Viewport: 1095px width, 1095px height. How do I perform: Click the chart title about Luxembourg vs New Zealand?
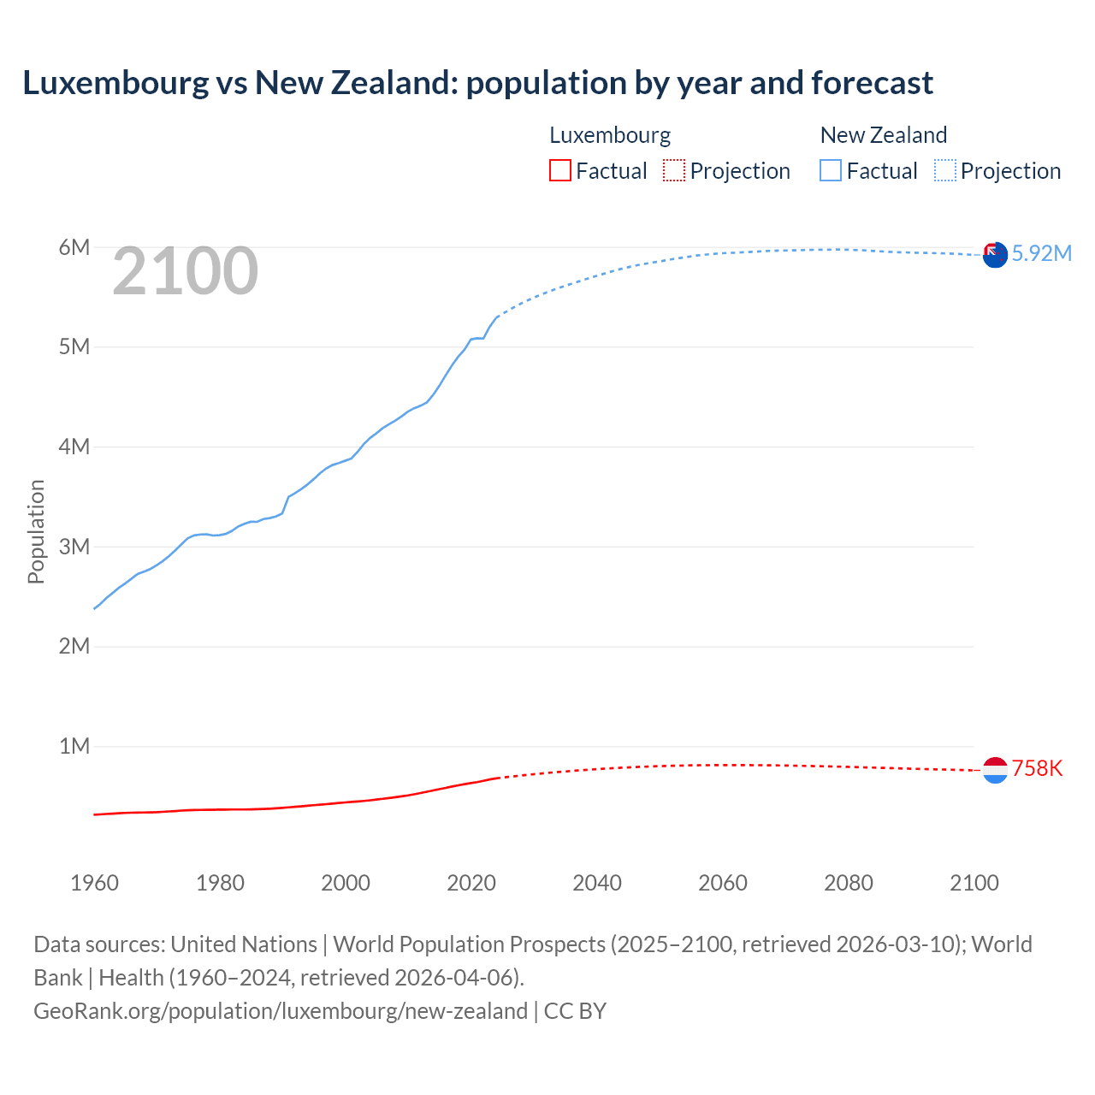(477, 83)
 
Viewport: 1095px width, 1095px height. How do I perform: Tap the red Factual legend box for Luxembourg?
(559, 170)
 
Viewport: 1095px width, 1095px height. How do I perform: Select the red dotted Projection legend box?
(674, 170)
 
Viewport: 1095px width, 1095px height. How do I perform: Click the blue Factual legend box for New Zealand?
(831, 170)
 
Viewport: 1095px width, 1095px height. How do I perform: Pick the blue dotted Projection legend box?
(945, 170)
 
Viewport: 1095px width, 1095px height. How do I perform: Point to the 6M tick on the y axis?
(74, 247)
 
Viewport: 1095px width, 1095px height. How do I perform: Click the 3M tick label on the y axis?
(74, 547)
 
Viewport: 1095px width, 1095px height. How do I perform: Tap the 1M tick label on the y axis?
(74, 746)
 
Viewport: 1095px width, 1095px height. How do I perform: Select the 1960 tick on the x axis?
(94, 883)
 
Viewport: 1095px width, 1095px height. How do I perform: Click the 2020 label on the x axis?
(471, 883)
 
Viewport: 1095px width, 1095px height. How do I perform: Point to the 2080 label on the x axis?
(849, 883)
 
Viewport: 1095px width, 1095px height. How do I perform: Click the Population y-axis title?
(36, 531)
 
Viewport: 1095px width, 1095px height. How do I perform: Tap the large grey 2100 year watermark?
(185, 271)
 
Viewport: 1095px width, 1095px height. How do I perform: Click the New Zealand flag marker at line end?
(995, 254)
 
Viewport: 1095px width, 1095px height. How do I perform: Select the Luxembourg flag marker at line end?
(995, 771)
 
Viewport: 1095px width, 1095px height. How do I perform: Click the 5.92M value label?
(1041, 253)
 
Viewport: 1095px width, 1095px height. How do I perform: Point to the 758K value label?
(1037, 768)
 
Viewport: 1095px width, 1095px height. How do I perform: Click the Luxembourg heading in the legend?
(610, 135)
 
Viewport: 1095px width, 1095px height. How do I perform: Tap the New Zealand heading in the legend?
(884, 135)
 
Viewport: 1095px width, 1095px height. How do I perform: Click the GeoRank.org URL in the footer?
(281, 1011)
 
